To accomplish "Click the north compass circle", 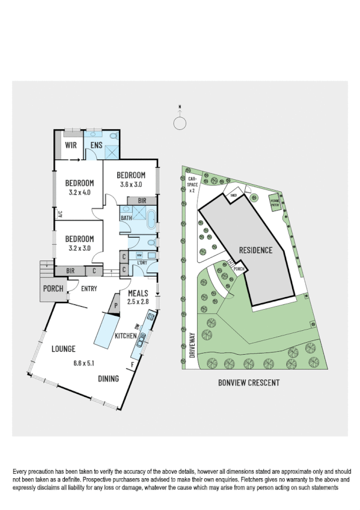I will click(180, 123).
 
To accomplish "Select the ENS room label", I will click(96, 146).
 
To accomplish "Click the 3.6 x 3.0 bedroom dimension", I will click(131, 185).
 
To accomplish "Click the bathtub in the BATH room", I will click(150, 218).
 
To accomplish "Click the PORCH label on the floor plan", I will click(53, 289).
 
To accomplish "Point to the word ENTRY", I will click(90, 289).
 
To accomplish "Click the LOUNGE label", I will click(63, 348).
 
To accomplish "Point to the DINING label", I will click(109, 378).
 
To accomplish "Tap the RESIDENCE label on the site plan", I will click(255, 250).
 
